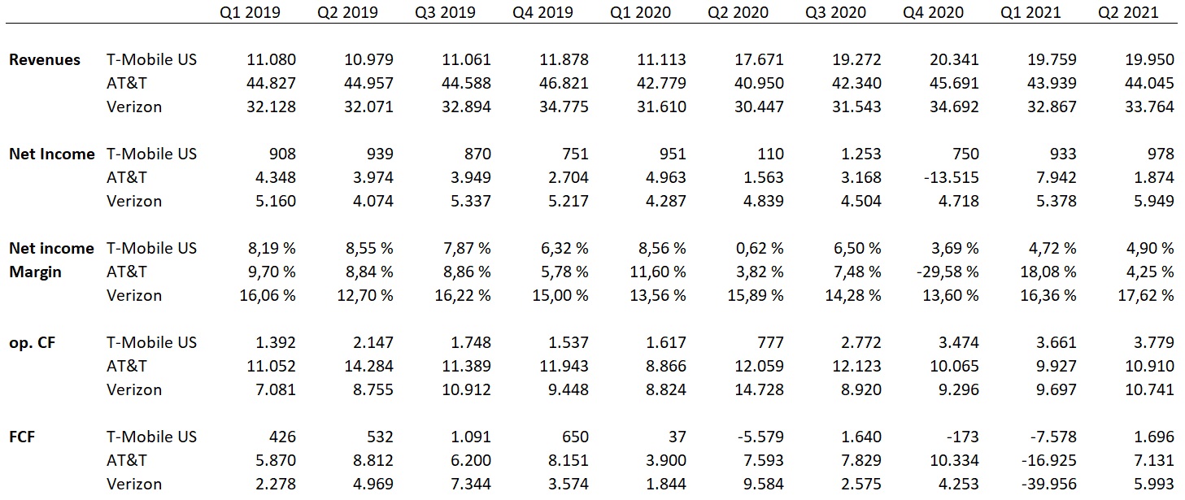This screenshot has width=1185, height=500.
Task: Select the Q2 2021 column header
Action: point(1128,12)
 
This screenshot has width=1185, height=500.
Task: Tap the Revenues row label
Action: point(45,59)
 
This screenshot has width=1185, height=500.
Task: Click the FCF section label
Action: point(22,437)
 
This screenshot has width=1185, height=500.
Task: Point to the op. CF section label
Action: point(33,342)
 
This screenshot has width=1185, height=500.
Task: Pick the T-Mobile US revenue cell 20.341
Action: point(952,59)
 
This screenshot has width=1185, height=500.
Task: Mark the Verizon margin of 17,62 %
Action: point(1141,295)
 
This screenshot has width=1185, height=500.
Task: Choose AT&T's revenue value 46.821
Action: point(562,83)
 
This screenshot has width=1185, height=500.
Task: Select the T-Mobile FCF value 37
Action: point(675,437)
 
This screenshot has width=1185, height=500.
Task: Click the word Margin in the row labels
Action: point(35,272)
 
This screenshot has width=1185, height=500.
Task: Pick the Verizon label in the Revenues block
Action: point(134,107)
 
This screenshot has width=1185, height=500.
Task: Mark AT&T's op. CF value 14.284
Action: point(367,366)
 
